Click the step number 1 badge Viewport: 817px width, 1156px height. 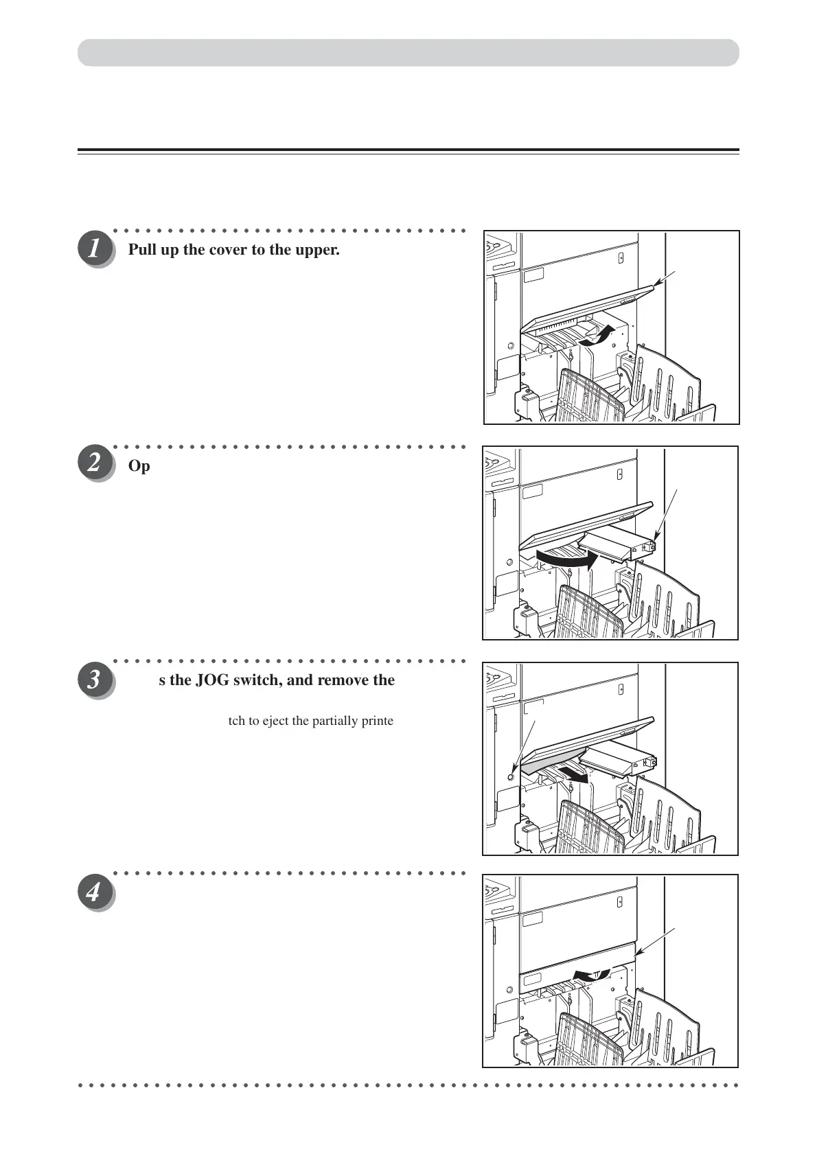[x=95, y=249]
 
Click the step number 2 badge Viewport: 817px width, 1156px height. [x=95, y=465]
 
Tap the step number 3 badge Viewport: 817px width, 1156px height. [x=95, y=680]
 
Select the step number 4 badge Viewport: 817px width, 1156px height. [x=95, y=893]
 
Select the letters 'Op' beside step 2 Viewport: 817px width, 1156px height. [x=139, y=466]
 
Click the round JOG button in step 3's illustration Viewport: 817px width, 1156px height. [x=509, y=776]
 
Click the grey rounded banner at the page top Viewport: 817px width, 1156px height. [x=408, y=53]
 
